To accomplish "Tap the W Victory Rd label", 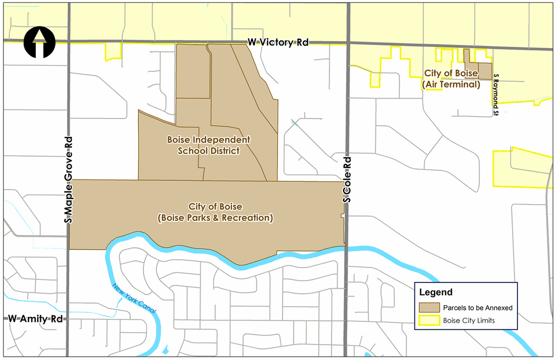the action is pos(278,42).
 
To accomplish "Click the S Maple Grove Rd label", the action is pos(68,178).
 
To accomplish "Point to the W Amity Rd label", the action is pos(36,319).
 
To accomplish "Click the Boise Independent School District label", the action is pos(209,145).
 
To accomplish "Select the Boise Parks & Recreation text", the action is pos(215,218).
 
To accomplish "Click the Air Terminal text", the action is pos(451,85).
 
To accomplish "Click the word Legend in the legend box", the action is pos(436,293).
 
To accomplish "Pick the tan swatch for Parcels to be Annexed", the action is pos(429,308).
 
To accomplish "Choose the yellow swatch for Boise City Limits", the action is pos(429,321).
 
